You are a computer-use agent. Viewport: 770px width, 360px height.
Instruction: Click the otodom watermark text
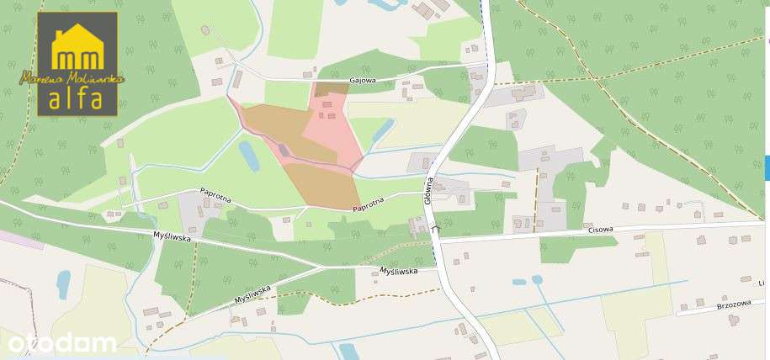(x=61, y=342)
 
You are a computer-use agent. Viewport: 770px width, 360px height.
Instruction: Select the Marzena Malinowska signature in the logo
(x=72, y=78)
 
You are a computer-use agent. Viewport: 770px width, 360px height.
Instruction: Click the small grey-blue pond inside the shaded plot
(x=284, y=150)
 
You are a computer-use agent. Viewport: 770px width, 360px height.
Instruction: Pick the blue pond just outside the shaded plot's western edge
(x=249, y=155)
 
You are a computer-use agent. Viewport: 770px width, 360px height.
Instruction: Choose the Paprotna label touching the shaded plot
(x=369, y=205)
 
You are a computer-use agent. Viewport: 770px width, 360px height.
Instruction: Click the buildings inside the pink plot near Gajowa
(x=327, y=109)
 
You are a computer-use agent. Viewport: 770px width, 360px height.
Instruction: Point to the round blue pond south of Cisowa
(x=536, y=279)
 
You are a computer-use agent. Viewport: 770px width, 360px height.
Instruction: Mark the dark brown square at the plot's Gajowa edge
(x=330, y=88)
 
